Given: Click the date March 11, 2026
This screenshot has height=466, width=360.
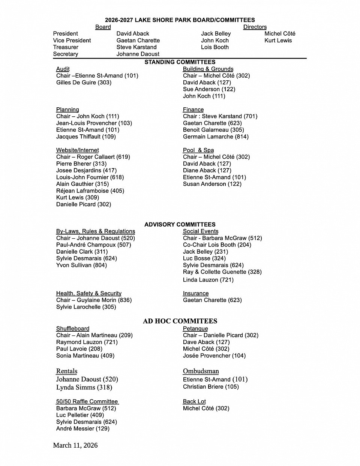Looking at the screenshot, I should (75, 445).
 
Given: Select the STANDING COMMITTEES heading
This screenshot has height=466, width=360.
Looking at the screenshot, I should (180, 62).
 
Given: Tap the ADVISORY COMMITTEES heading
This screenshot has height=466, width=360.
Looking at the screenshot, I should (180, 224).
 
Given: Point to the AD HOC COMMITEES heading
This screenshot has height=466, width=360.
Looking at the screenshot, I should (180, 321).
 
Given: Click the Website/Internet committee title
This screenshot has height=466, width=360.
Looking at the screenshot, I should (77, 150).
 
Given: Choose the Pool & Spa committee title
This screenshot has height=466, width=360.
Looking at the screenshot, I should (198, 150).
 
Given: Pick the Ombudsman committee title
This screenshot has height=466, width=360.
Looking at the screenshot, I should (201, 371).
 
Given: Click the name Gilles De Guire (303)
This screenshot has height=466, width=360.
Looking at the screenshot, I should (84, 83).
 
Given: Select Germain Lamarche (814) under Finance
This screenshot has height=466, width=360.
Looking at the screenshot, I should (216, 137).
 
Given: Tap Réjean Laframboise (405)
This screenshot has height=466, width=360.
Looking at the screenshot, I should (90, 191).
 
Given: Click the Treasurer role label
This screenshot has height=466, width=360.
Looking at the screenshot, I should (66, 47).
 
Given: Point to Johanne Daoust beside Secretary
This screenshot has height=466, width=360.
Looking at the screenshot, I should (138, 54).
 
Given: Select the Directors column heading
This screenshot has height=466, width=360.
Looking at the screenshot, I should (255, 27).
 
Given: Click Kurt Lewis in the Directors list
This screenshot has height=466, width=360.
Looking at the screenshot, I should (278, 41).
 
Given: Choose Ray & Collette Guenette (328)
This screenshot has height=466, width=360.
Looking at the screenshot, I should (222, 272).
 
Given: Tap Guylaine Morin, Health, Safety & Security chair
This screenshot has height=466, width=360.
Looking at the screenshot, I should (94, 300).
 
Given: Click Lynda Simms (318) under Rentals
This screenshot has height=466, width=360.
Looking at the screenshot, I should (84, 387).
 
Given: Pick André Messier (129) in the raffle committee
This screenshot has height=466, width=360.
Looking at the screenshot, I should (82, 428).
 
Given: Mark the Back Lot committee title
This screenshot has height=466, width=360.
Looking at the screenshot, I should (194, 401).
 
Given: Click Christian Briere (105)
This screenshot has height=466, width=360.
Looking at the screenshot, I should (211, 387).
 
